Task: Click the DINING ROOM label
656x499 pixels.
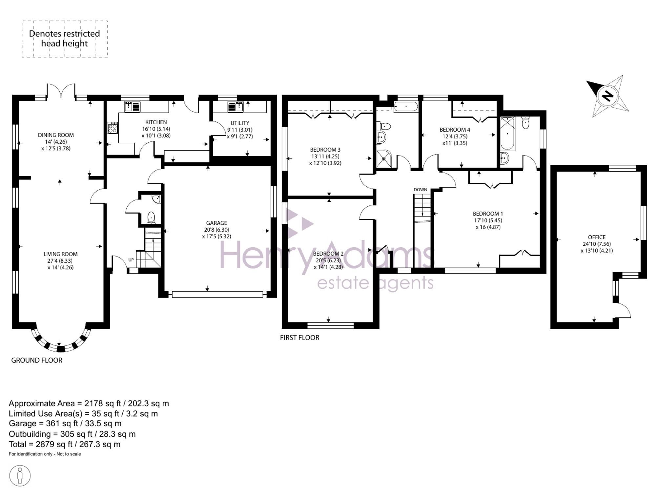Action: pyautogui.click(x=56, y=135)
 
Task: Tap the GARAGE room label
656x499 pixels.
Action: pyautogui.click(x=216, y=223)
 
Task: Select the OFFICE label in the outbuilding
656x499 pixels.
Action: pyautogui.click(x=597, y=237)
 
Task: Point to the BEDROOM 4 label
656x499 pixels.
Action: pyautogui.click(x=455, y=130)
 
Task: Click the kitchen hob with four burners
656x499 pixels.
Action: pyautogui.click(x=113, y=128)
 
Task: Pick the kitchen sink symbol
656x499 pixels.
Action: pyautogui.click(x=132, y=107)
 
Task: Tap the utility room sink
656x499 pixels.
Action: pyautogui.click(x=235, y=107)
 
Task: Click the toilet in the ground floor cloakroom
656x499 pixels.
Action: pyautogui.click(x=151, y=218)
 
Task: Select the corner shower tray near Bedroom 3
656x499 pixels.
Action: pyautogui.click(x=384, y=158)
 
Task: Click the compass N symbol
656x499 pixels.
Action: pyautogui.click(x=607, y=96)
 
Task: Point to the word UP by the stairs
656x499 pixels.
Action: pyautogui.click(x=131, y=260)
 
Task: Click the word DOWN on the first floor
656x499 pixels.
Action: pyautogui.click(x=420, y=190)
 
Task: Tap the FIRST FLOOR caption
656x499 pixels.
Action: pyautogui.click(x=299, y=338)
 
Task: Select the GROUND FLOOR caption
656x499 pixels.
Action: pyautogui.click(x=37, y=360)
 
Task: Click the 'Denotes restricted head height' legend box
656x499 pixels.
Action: pyautogui.click(x=65, y=39)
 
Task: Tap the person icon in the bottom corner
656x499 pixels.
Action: pyautogui.click(x=20, y=476)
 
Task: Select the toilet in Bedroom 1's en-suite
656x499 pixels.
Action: pyautogui.click(x=525, y=123)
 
